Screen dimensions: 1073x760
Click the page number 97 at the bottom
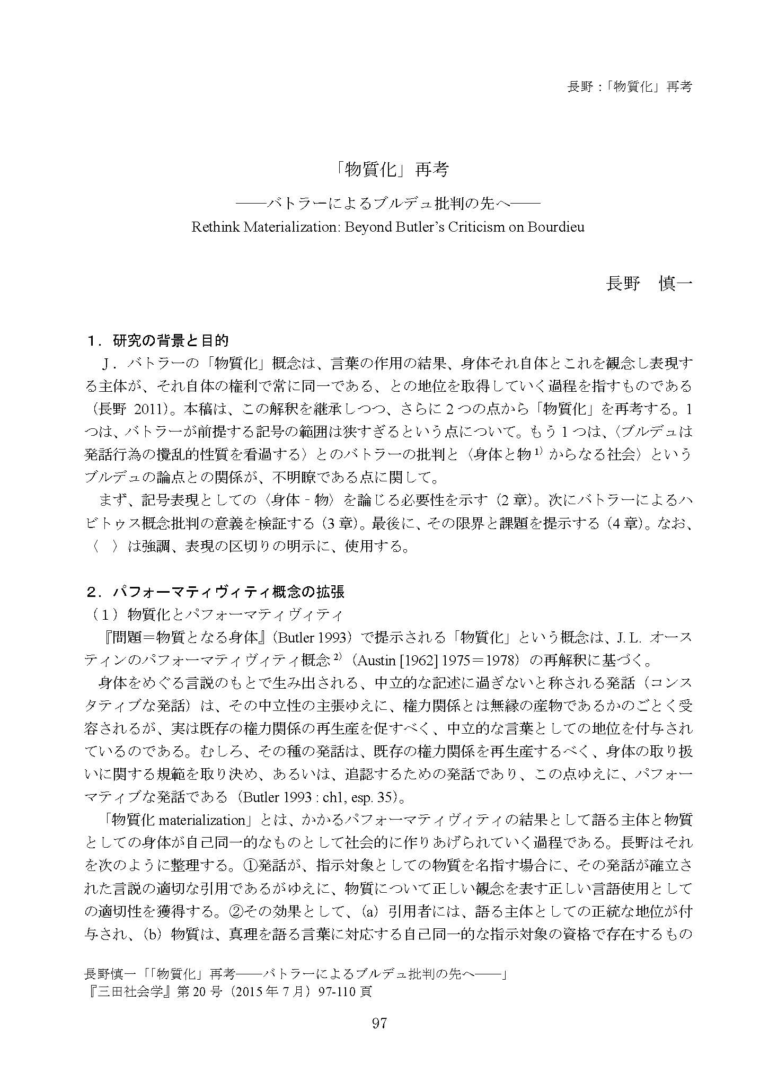pos(379,1038)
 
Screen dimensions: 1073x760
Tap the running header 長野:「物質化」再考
pos(629,86)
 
